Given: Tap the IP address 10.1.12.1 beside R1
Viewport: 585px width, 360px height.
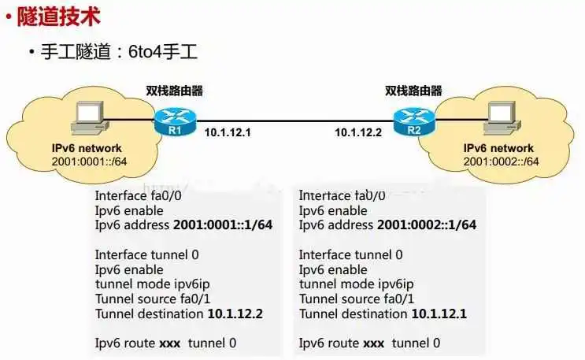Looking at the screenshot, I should click(228, 132).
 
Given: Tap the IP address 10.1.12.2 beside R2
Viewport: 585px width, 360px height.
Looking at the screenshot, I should click(357, 132).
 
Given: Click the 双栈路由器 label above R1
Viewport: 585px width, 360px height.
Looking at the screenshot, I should click(174, 91).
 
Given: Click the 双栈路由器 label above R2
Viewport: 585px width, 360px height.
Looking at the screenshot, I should click(413, 91).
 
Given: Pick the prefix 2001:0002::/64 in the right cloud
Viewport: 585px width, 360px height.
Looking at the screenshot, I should click(501, 161).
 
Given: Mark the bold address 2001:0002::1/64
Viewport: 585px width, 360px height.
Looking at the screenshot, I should click(427, 225).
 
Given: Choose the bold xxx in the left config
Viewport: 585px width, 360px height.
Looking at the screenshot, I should click(170, 343).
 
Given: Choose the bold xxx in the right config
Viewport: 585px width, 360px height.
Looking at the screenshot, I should click(374, 343).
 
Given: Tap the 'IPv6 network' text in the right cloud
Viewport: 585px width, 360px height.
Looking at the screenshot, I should click(498, 149).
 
